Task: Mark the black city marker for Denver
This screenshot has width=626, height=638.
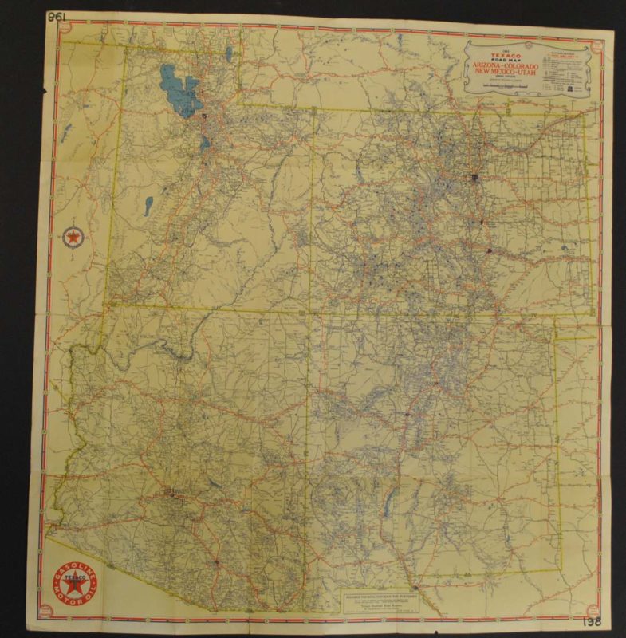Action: pos(474,177)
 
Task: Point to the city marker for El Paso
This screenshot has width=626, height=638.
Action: pos(415,591)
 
